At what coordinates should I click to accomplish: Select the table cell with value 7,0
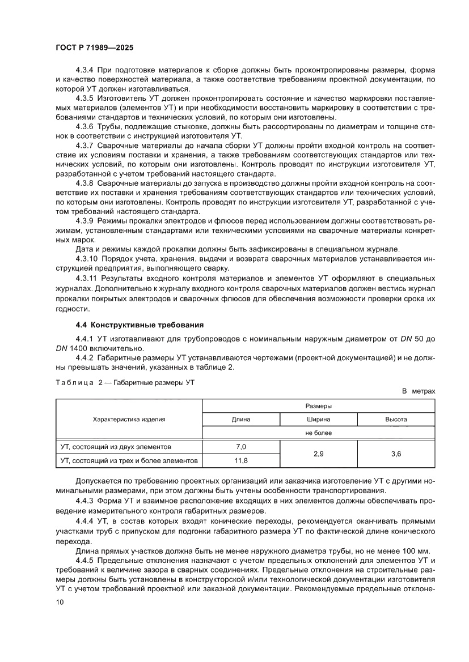(241, 446)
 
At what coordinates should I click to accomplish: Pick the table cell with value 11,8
(241, 460)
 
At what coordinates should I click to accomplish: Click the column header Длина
(241, 420)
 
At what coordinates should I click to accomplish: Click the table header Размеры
(318, 406)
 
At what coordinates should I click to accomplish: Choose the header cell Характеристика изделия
(129, 419)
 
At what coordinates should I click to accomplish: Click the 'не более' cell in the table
(318, 433)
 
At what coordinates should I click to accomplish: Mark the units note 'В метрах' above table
(419, 391)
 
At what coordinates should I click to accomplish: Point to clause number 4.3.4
(84, 70)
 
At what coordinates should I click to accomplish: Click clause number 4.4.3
(84, 501)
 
